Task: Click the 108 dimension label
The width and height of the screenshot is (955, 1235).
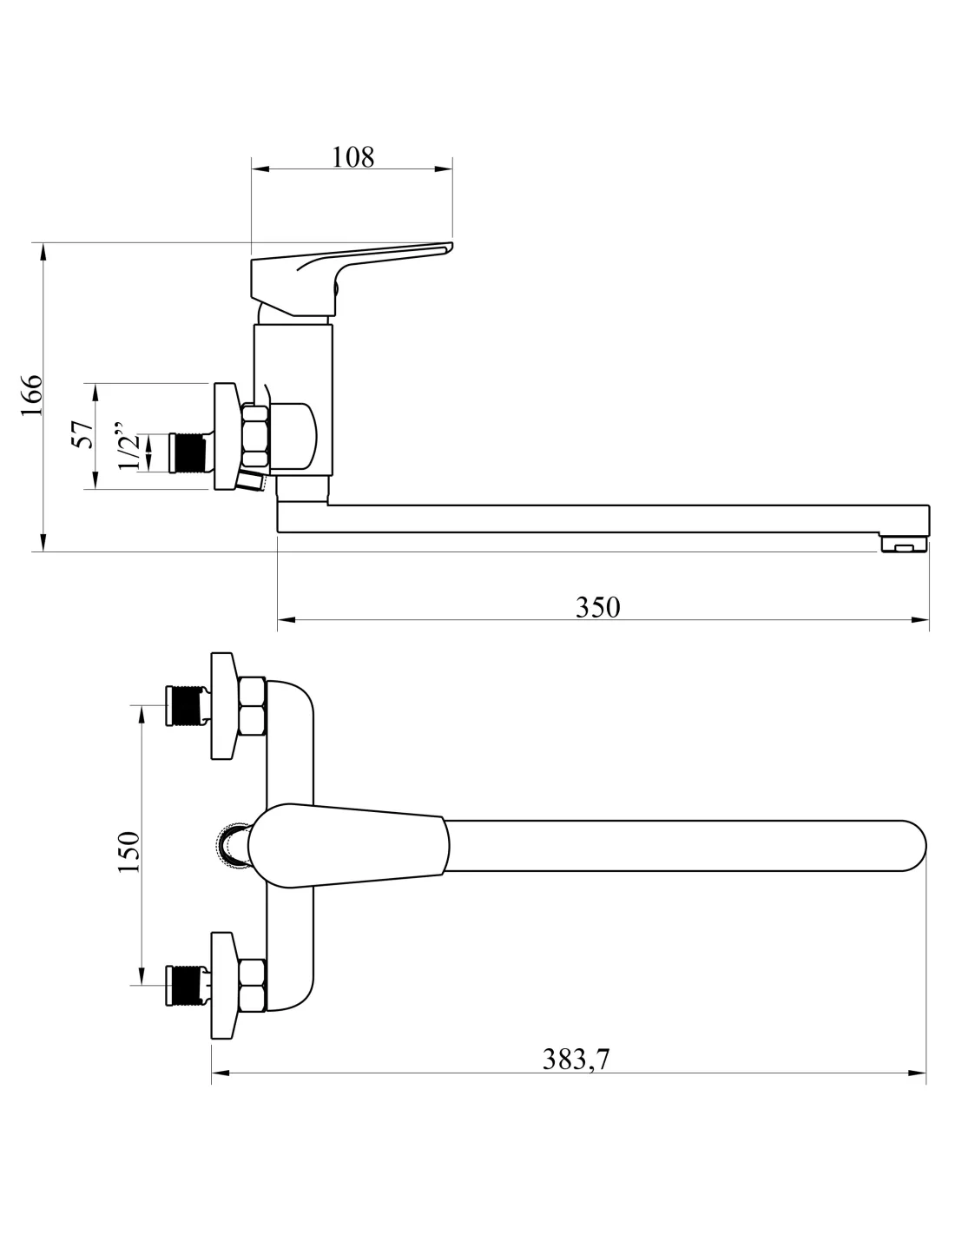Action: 352,157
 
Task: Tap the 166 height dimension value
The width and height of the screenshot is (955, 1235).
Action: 32,395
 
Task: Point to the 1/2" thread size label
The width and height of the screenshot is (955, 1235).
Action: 128,446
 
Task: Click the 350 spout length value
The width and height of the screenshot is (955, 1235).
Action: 597,607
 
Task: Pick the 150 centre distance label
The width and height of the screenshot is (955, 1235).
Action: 128,852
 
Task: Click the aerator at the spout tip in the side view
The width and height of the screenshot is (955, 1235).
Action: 904,544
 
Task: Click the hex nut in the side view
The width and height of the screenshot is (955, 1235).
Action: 254,437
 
